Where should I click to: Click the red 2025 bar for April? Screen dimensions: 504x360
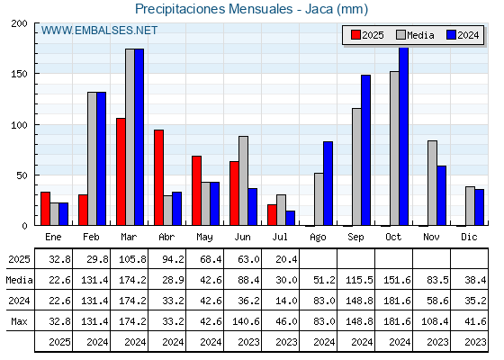pyautogui.click(x=158, y=177)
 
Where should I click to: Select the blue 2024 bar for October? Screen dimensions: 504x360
pyautogui.click(x=404, y=136)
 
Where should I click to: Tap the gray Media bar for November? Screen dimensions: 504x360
pyautogui.click(x=432, y=183)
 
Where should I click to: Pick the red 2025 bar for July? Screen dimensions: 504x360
pyautogui.click(x=272, y=215)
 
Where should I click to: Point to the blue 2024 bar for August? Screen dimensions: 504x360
pyautogui.click(x=328, y=184)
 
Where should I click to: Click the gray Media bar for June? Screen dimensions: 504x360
pyautogui.click(x=244, y=181)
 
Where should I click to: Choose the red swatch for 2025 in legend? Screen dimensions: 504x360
pyautogui.click(x=355, y=35)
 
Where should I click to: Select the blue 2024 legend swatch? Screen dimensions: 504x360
pyautogui.click(x=451, y=35)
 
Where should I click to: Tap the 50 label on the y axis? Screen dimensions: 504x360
pyautogui.click(x=22, y=175)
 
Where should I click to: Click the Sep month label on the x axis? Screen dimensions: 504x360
pyautogui.click(x=355, y=238)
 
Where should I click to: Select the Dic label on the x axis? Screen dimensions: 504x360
pyautogui.click(x=469, y=237)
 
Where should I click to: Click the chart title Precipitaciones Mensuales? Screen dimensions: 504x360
pyautogui.click(x=214, y=9)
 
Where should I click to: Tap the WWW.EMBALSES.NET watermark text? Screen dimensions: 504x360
pyautogui.click(x=99, y=31)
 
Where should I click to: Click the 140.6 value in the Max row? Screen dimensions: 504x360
pyautogui.click(x=247, y=321)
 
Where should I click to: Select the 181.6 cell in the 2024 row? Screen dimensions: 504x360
pyautogui.click(x=397, y=301)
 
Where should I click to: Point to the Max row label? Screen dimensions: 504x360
pyautogui.click(x=19, y=321)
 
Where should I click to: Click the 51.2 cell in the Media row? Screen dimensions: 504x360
pyautogui.click(x=324, y=280)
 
